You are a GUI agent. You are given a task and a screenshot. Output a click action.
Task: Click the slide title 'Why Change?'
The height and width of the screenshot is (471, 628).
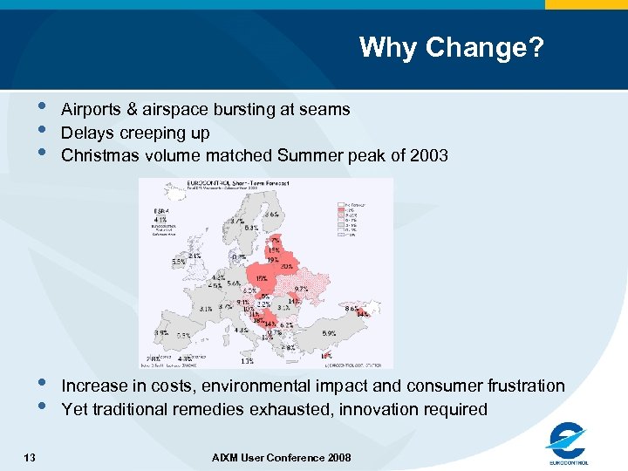pos(451,47)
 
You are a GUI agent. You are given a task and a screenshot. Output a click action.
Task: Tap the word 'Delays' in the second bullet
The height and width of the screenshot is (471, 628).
pos(86,133)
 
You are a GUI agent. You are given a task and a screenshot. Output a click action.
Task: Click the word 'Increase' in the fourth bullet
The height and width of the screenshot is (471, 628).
pos(95,386)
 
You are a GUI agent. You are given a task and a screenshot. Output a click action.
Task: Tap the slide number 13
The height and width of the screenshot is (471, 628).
pos(31,456)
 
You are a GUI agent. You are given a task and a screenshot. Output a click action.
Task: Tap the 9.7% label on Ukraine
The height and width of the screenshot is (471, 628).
pos(302,289)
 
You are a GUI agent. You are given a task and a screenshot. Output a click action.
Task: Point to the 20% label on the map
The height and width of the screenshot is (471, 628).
pos(285,267)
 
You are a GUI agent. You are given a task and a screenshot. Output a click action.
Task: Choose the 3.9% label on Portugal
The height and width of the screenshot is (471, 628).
pos(162,333)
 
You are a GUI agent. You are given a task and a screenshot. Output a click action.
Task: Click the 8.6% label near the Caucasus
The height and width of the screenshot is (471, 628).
pos(352,308)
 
